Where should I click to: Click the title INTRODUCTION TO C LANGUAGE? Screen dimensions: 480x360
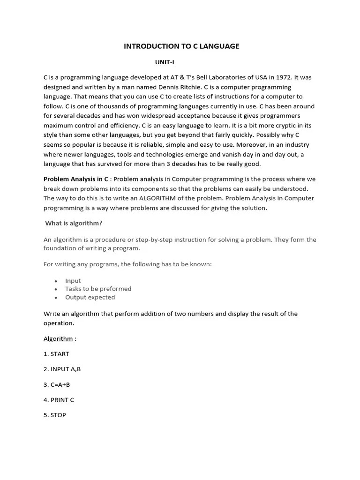(181, 46)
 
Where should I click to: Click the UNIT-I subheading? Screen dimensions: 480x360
(165, 62)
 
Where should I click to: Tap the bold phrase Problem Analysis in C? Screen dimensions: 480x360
(76, 179)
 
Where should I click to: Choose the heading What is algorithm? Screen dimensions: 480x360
(74, 223)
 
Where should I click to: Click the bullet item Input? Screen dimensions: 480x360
(73, 281)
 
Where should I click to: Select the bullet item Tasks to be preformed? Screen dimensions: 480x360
(98, 289)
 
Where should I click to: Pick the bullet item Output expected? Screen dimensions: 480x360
(90, 297)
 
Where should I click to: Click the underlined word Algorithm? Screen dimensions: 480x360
(58, 338)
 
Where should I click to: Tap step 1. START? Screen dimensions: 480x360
(56, 354)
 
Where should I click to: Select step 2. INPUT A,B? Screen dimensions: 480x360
(62, 369)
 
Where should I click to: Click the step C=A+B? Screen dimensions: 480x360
(57, 384)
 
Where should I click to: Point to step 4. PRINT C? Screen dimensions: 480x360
(59, 400)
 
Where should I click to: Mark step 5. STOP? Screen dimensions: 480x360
(55, 415)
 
